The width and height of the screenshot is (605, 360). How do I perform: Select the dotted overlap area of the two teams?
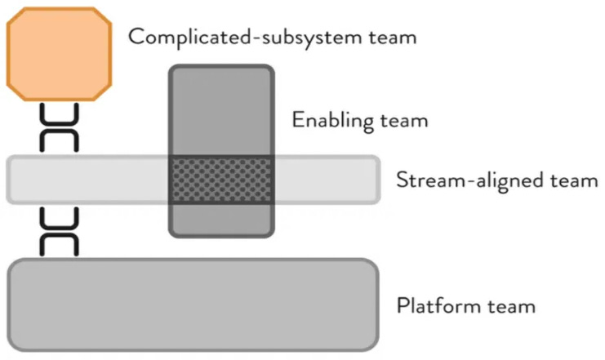click(x=220, y=180)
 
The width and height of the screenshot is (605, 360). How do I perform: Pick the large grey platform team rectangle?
click(x=194, y=303)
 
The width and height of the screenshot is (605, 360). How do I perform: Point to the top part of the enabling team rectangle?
click(x=220, y=109)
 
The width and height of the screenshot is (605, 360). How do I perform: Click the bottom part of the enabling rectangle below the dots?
click(x=220, y=220)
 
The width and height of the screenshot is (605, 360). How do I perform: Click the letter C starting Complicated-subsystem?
click(x=136, y=38)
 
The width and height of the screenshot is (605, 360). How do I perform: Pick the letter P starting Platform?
click(x=403, y=307)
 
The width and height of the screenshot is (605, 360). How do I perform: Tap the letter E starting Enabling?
click(x=298, y=122)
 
